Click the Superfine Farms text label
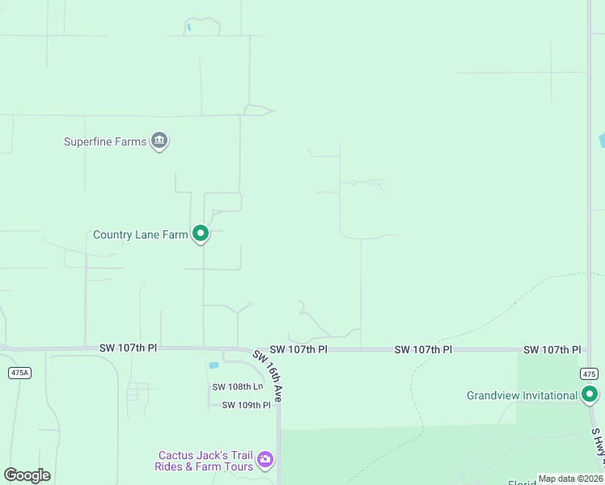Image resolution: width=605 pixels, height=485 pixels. [105, 141]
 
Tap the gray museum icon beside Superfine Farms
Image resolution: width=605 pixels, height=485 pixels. [160, 141]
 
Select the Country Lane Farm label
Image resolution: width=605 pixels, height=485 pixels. [141, 235]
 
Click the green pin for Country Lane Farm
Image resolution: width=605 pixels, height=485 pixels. [201, 234]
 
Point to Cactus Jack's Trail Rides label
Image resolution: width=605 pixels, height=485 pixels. [205, 461]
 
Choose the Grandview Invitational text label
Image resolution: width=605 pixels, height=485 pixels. [522, 395]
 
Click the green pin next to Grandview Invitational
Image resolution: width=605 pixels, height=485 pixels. [590, 394]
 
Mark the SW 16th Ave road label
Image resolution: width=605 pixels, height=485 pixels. [268, 376]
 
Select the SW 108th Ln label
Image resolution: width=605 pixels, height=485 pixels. [238, 387]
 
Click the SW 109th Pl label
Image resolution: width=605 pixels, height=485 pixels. [246, 405]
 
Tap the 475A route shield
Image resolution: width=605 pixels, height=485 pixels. [19, 373]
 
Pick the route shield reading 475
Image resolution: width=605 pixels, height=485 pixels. [588, 373]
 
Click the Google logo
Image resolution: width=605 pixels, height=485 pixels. [27, 474]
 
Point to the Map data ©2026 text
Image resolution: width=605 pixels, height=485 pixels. [569, 479]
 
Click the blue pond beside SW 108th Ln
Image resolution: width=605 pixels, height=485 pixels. [214, 365]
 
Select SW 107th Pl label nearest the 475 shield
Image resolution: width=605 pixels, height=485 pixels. [552, 350]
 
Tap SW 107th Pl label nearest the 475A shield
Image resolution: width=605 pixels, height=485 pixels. [128, 348]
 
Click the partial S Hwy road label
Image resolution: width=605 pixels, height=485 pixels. [599, 449]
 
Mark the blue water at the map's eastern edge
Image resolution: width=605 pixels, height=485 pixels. [601, 141]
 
